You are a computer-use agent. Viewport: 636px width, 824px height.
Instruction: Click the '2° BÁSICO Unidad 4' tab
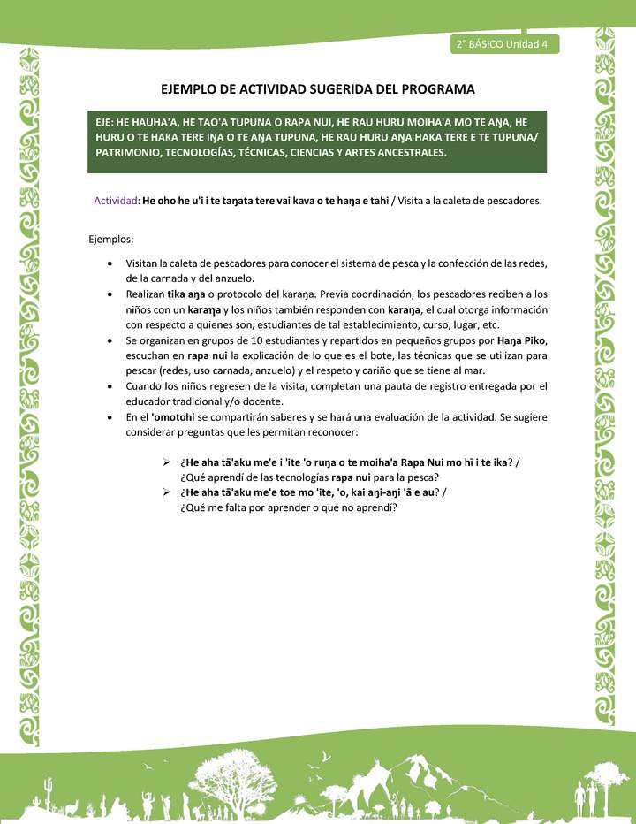501,44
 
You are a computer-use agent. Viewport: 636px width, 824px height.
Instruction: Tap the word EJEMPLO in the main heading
191,89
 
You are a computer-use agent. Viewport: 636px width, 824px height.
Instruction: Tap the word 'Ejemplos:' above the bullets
111,240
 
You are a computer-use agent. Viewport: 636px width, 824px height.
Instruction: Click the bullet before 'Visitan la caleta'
108,263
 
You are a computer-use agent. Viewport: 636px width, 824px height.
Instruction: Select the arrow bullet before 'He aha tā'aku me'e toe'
165,492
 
